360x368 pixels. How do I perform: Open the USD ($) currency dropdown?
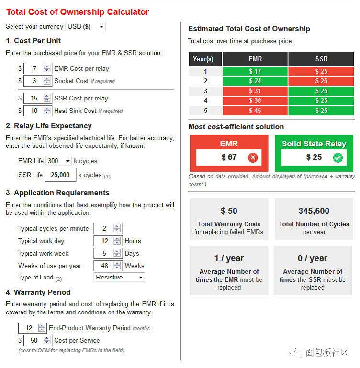[x=85, y=27]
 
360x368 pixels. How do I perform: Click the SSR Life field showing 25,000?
[x=60, y=175]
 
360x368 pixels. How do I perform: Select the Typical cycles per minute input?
[x=104, y=228]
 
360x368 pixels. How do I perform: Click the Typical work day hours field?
[x=104, y=241]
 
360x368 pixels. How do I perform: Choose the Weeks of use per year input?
[x=104, y=266]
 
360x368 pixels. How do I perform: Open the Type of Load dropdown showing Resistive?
[x=119, y=277]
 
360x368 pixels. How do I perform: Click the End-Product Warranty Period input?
[x=29, y=328]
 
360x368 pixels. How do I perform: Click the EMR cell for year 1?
[x=255, y=71]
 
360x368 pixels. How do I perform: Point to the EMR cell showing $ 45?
[x=255, y=111]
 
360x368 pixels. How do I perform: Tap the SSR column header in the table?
[x=321, y=59]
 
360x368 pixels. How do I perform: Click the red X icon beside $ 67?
[x=253, y=157]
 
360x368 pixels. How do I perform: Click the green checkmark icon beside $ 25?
[x=338, y=157]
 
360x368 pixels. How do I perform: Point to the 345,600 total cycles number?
[x=314, y=211]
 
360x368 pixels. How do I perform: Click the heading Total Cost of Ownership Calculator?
[x=77, y=12]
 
